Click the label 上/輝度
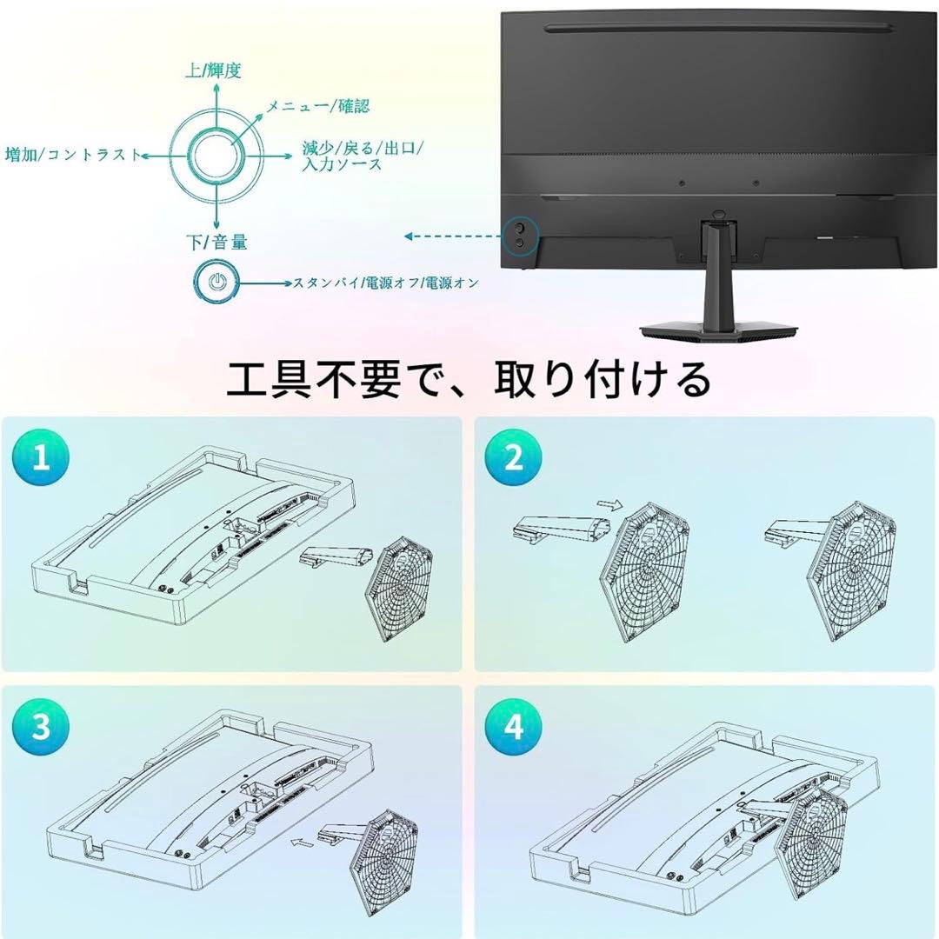(x=213, y=71)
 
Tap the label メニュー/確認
(x=318, y=106)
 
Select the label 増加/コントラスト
(x=73, y=155)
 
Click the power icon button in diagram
(x=216, y=282)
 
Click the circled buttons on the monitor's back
(x=520, y=234)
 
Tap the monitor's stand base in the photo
(x=721, y=330)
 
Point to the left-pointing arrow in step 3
(x=302, y=842)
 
